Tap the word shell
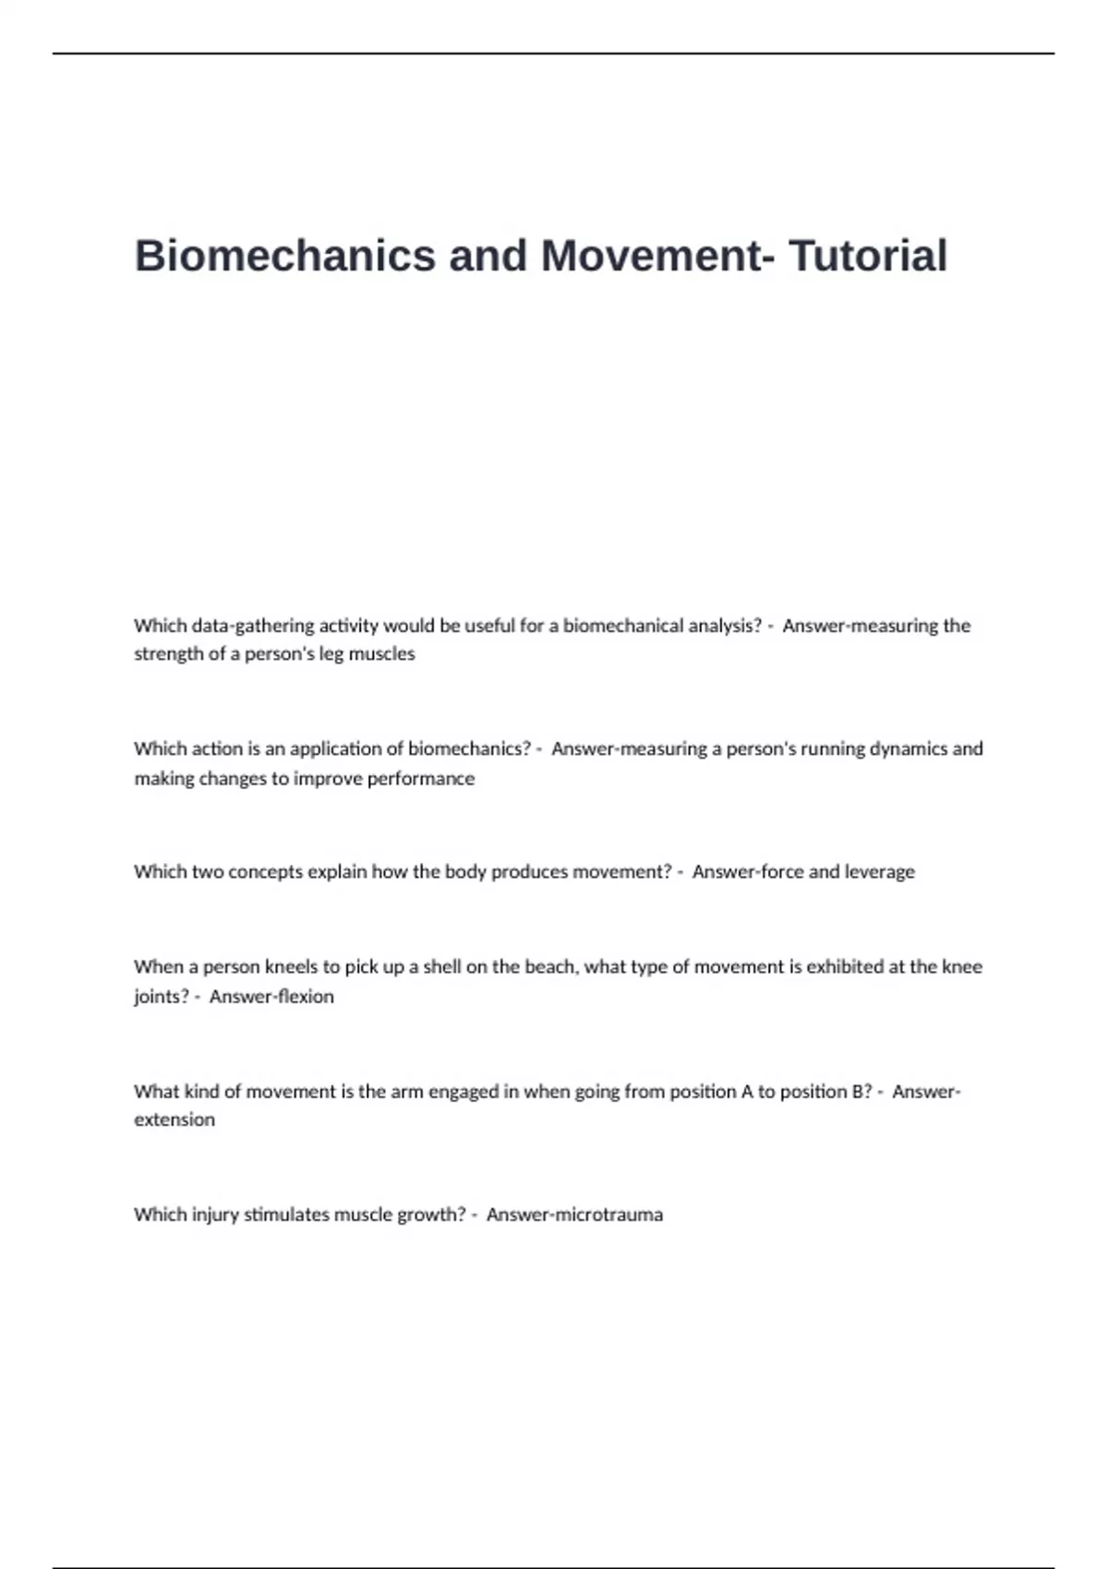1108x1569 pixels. pyautogui.click(x=442, y=966)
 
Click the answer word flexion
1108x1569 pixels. pyautogui.click(x=306, y=997)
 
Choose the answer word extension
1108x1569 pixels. pyautogui.click(x=175, y=1120)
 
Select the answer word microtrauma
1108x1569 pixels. pyautogui.click(x=609, y=1215)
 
